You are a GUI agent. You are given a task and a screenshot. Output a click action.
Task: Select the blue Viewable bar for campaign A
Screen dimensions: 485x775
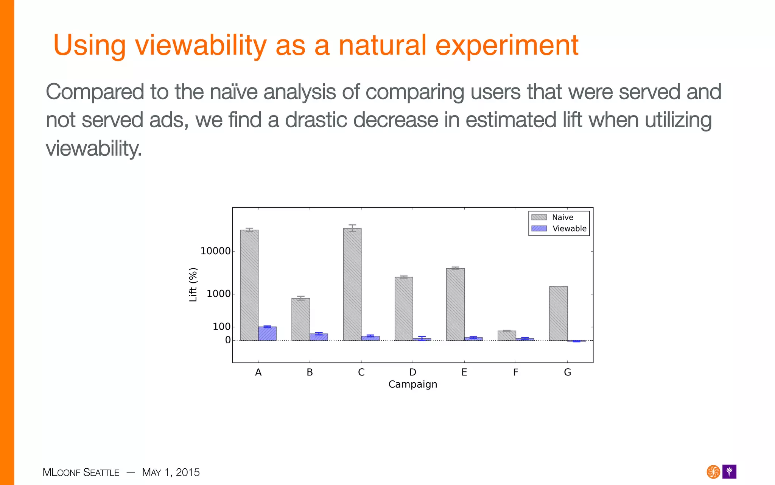[267, 333]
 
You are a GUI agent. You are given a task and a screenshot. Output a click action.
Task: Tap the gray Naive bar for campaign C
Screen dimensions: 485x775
[352, 284]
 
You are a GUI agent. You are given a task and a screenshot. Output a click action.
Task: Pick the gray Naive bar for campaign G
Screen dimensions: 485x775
[558, 313]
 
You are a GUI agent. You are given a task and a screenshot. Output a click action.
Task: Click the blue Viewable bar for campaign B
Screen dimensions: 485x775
[319, 337]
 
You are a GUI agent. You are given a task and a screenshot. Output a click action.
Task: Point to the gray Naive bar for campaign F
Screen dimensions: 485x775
[507, 336]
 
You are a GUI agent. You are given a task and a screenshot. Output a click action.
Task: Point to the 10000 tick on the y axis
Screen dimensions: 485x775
[215, 251]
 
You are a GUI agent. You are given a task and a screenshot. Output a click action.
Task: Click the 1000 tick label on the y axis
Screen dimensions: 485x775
[218, 294]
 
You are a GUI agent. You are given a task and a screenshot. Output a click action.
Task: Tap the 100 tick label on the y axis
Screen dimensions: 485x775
[221, 327]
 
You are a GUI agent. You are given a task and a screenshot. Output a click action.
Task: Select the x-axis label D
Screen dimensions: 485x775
[412, 372]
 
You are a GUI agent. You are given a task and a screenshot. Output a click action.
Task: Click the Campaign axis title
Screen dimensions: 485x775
[412, 384]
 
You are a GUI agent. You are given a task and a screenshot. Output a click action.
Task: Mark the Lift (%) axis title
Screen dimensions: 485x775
[193, 285]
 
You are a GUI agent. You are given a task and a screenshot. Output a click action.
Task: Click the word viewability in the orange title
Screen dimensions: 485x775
[201, 45]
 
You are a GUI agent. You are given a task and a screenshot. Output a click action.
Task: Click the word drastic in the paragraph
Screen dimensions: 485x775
[316, 120]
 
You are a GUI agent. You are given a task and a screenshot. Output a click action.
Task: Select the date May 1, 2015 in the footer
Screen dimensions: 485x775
[171, 472]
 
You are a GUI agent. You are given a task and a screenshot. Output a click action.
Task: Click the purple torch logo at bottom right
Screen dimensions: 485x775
[729, 472]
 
